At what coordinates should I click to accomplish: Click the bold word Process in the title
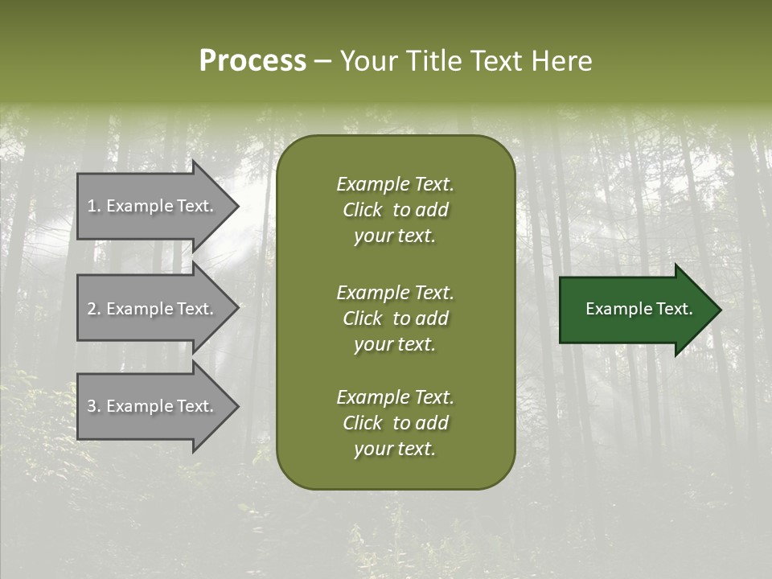pos(253,61)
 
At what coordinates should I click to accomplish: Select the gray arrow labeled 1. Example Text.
pos(153,206)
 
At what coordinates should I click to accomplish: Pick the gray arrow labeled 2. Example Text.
pos(153,309)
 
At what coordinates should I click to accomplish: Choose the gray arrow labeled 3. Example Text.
pos(153,406)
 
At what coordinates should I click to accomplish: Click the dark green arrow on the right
pos(635,310)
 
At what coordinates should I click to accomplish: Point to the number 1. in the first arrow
pos(94,206)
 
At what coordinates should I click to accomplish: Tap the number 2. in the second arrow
pos(94,309)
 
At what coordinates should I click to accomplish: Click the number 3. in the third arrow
pos(94,406)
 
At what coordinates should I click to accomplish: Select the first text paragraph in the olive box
pos(395,210)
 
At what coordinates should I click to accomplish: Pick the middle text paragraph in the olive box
pos(395,318)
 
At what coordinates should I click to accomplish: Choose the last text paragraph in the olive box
pos(395,423)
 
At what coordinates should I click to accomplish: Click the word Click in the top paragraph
pos(363,210)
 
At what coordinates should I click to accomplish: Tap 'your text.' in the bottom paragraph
pos(395,449)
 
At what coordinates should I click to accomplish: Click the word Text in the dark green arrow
pos(674,309)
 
